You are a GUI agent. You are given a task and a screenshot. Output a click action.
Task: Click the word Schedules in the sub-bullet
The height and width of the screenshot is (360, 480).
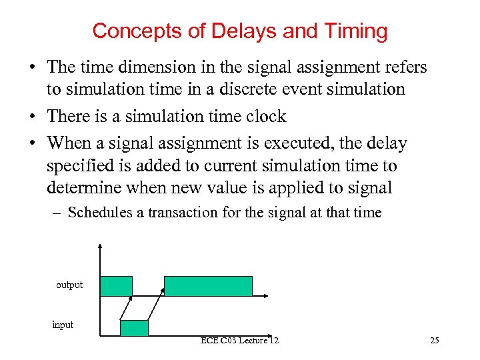click(97, 213)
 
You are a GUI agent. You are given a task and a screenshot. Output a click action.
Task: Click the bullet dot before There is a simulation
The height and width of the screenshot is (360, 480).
click(32, 117)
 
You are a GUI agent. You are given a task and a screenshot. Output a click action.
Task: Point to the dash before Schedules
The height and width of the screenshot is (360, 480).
click(58, 213)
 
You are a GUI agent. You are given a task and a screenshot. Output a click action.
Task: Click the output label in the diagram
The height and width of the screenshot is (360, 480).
click(69, 285)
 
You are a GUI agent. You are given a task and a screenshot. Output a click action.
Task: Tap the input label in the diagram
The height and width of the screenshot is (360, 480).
click(63, 325)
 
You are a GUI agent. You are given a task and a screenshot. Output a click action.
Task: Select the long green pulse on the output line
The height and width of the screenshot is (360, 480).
click(208, 285)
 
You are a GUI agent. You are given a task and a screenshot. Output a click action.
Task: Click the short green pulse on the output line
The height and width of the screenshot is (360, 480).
click(116, 285)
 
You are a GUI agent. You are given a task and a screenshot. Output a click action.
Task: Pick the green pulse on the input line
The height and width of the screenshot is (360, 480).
click(134, 327)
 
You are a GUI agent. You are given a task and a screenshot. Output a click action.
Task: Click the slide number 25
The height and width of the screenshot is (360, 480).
click(435, 341)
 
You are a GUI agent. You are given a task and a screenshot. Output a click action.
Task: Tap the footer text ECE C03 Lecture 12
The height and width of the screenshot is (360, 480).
click(239, 341)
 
